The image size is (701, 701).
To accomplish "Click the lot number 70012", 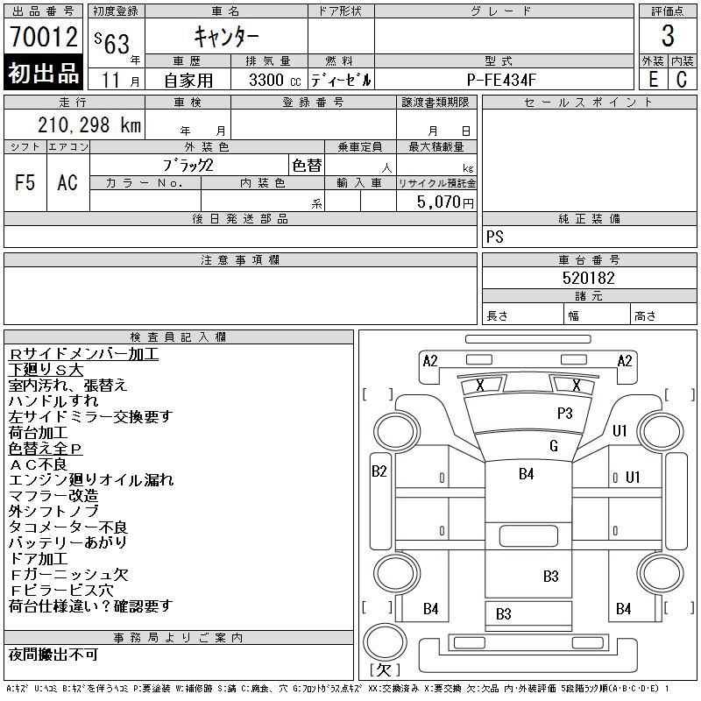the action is [43, 37].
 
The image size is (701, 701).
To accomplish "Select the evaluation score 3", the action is [668, 37].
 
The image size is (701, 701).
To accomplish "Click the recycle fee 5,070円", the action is [447, 202].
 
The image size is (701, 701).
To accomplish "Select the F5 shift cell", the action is [25, 182].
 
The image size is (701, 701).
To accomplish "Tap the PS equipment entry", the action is [495, 237].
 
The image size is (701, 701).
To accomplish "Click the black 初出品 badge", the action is [43, 74].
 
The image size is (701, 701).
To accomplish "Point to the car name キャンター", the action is [225, 38].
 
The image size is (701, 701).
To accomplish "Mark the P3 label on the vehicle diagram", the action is [564, 412].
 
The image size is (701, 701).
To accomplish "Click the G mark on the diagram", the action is [554, 446].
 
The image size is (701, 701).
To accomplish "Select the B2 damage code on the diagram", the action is [379, 471].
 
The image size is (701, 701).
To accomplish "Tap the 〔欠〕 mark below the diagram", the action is [385, 670].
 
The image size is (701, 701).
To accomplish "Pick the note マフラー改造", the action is [53, 496].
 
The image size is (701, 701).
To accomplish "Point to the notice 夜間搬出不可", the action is [53, 655].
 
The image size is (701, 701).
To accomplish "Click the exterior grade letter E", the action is [653, 79].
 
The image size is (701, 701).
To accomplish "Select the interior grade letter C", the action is [682, 79].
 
